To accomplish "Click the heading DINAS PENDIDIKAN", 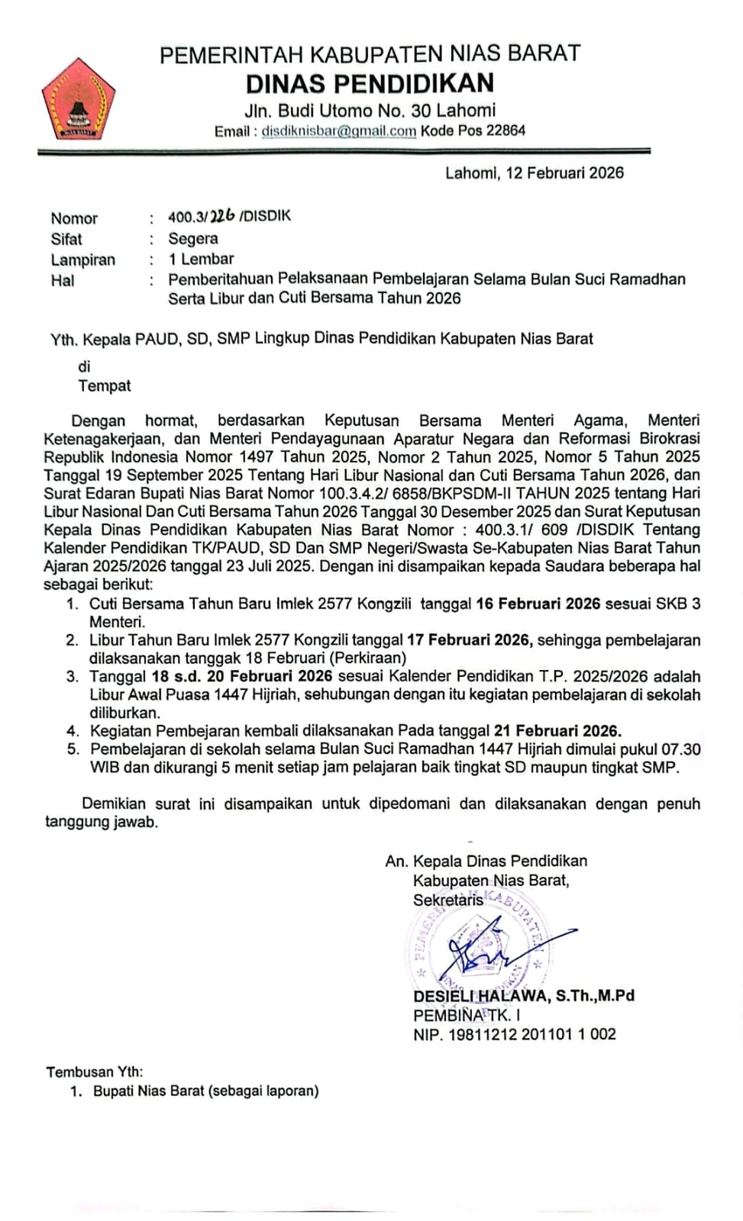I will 370,83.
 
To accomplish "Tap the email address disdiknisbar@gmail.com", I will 339,131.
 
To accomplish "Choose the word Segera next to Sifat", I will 193,239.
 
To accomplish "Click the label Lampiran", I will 82,259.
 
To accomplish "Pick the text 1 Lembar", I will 202,259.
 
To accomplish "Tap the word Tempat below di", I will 105,386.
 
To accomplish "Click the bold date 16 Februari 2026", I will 538,604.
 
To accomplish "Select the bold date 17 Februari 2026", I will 469,640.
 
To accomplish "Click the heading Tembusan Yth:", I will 95,1072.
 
